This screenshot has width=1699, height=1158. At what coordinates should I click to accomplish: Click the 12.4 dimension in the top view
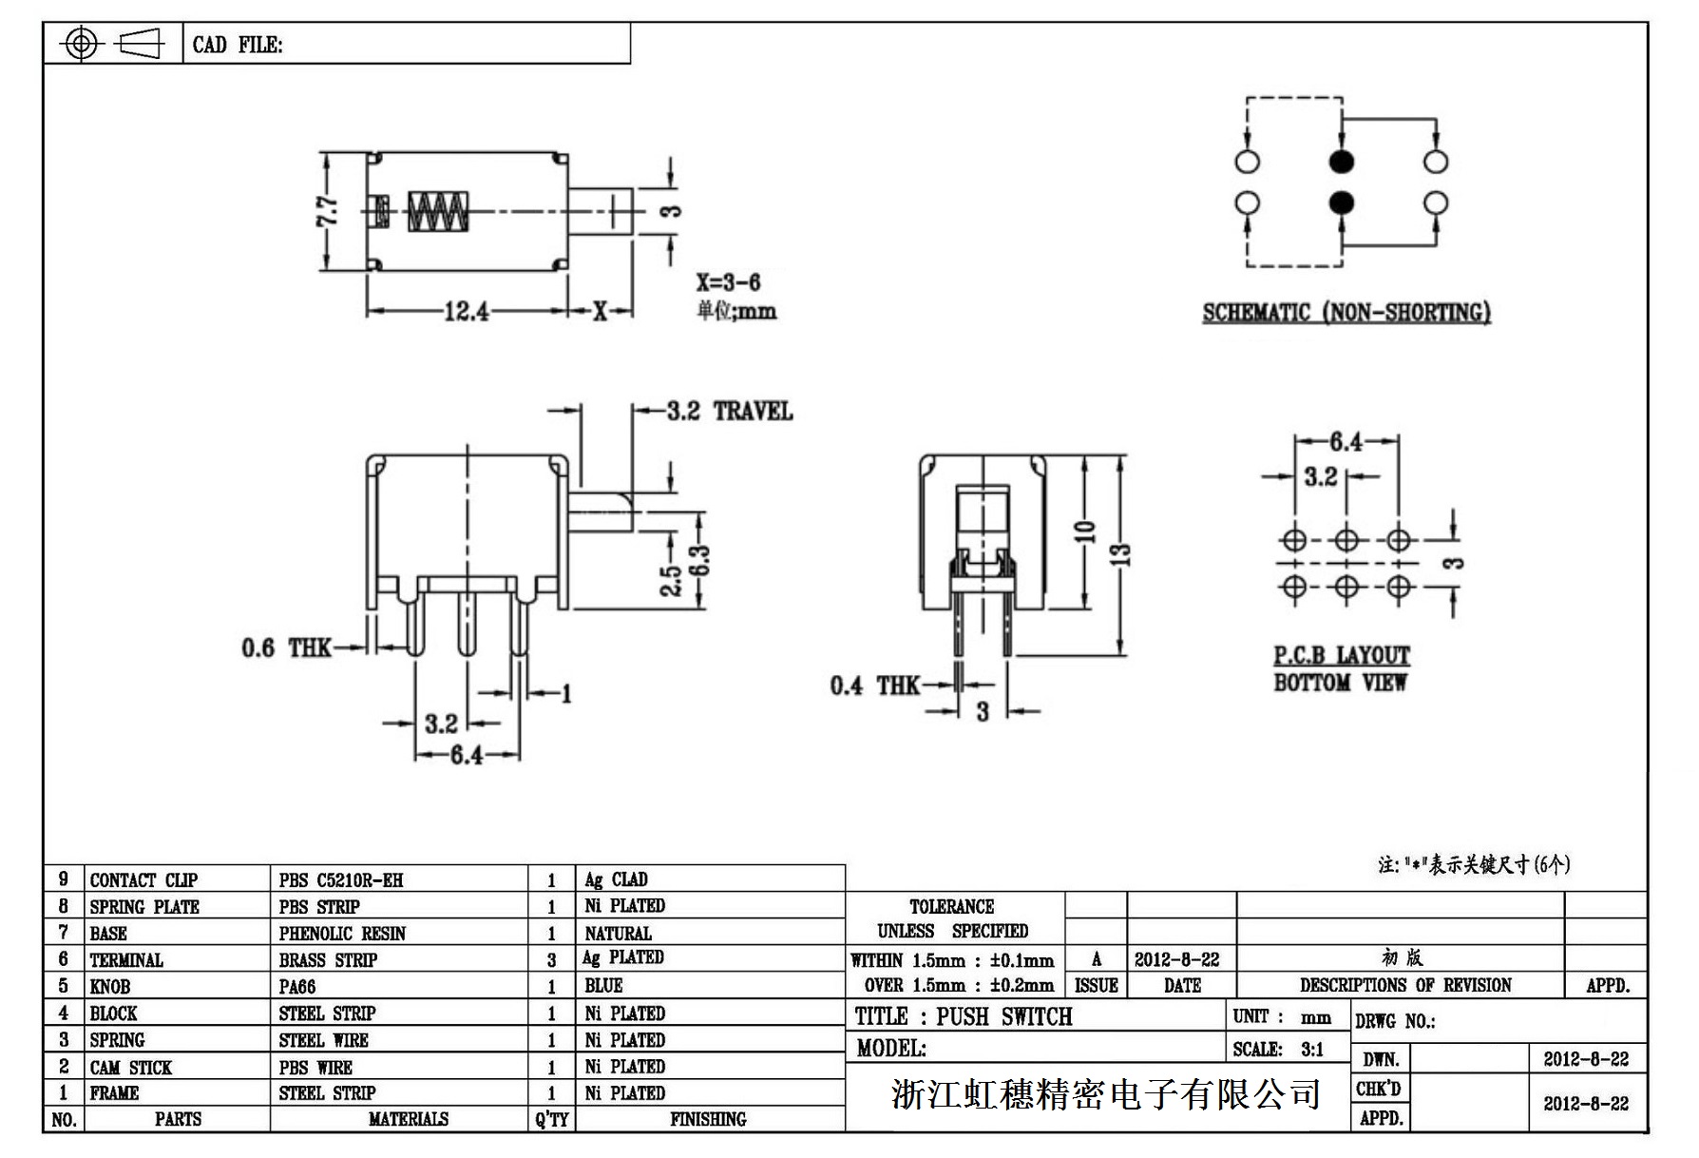[x=466, y=311]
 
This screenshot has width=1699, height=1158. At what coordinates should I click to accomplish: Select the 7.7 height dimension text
[x=327, y=211]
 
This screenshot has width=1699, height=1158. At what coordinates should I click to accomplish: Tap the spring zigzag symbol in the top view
[x=438, y=212]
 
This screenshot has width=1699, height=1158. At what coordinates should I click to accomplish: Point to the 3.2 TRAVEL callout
[x=729, y=411]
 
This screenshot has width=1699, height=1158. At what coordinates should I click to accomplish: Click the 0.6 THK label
[x=285, y=648]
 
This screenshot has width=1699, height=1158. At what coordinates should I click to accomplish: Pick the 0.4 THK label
[x=874, y=685]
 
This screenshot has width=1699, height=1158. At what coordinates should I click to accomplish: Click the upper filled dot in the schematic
[x=1341, y=162]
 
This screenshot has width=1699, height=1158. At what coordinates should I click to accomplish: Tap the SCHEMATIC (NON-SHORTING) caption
[x=1346, y=313]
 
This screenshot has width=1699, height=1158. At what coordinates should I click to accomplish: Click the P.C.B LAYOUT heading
[x=1341, y=655]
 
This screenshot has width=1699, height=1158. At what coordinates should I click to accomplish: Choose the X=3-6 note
[x=728, y=282]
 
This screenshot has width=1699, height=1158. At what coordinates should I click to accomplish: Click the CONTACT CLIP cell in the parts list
[x=143, y=879]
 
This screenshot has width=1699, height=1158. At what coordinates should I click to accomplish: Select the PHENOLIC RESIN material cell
[x=342, y=934]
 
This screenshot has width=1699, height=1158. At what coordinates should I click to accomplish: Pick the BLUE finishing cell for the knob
[x=603, y=986]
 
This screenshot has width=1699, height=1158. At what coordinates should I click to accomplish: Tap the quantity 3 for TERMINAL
[x=551, y=960]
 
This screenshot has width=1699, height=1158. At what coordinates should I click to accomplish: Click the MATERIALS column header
[x=408, y=1120]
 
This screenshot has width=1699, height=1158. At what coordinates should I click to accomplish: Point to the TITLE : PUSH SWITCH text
[x=964, y=1016]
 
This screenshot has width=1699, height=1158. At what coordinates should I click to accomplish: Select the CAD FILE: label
[x=238, y=45]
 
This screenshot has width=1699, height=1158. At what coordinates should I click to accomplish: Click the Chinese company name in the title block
[x=1105, y=1094]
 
